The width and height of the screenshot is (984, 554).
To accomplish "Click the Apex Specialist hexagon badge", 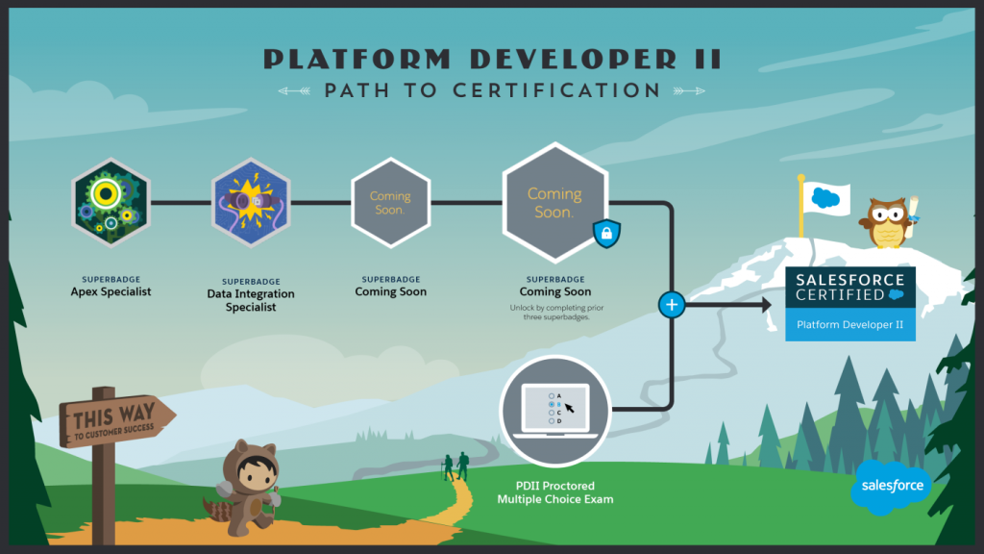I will [x=111, y=203].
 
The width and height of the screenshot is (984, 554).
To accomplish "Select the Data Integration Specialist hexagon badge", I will [x=251, y=203].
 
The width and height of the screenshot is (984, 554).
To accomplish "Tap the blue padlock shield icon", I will [x=607, y=234].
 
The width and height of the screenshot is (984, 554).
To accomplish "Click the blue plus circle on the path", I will [x=671, y=305].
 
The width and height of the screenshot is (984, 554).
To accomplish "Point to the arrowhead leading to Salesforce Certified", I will [x=766, y=305].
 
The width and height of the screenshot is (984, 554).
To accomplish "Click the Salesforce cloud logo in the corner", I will [x=891, y=485].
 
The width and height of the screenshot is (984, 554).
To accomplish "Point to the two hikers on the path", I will [x=455, y=466].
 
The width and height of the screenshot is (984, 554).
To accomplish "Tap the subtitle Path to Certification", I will [x=492, y=90].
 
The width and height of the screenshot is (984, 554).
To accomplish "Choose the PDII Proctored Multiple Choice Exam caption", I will [x=554, y=492].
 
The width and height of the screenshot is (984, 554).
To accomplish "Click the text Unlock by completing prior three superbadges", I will [x=554, y=313].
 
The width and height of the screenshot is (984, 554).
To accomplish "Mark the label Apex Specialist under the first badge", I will [x=111, y=290].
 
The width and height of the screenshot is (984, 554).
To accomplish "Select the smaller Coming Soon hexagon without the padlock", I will [x=390, y=203].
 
